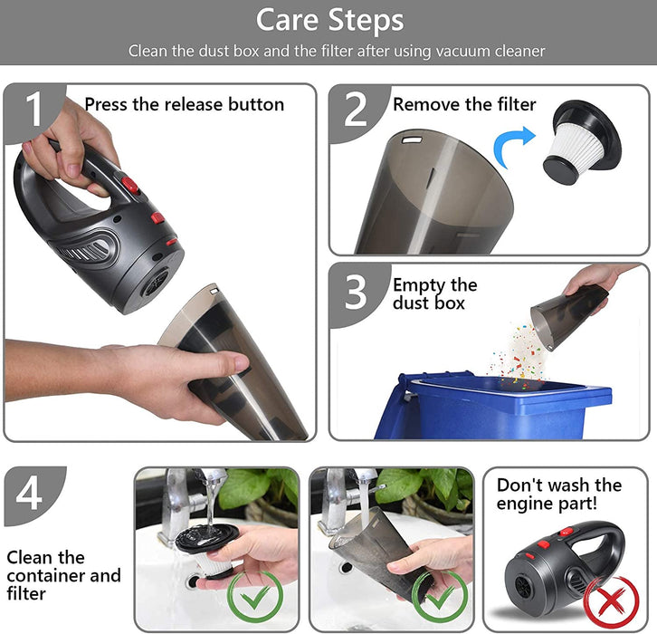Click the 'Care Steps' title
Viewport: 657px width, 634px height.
coord(329,20)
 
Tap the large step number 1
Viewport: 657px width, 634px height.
coord(34,109)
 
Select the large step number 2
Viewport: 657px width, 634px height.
coord(356,109)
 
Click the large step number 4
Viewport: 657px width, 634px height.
coord(29,493)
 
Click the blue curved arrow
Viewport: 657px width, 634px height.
coord(512,147)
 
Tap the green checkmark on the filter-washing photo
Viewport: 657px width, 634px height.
coord(255,596)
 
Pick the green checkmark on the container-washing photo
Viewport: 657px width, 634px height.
coord(439,596)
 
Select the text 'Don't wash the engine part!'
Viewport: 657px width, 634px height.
coord(559,495)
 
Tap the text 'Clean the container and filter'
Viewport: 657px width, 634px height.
coord(63,575)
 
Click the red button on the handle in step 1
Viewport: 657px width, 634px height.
coord(130,184)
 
